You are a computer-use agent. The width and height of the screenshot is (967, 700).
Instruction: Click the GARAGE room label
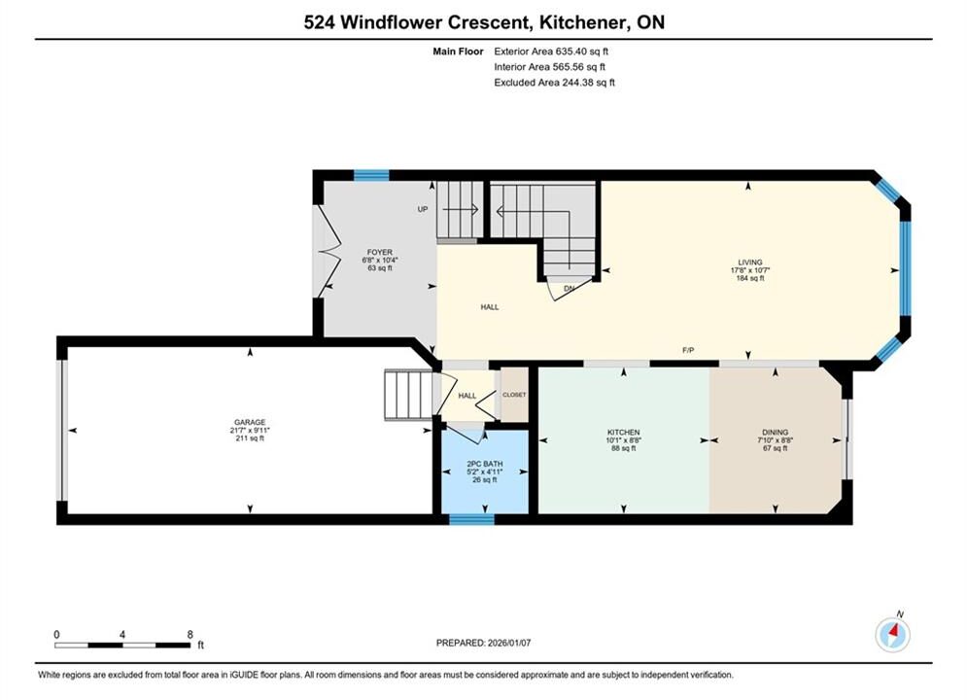pyautogui.click(x=250, y=423)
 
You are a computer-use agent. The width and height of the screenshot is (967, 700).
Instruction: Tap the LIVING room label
pyautogui.click(x=750, y=262)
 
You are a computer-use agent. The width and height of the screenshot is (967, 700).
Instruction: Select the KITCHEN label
pyautogui.click(x=624, y=433)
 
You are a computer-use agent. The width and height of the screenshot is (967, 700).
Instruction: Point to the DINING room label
pyautogui.click(x=776, y=433)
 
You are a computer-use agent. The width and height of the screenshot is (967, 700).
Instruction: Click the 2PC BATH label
pyautogui.click(x=485, y=464)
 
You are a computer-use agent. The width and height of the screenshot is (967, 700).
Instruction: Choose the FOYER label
pyautogui.click(x=380, y=252)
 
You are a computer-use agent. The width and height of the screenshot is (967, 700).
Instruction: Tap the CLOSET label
pyautogui.click(x=514, y=395)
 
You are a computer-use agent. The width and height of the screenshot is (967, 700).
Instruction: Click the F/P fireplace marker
pyautogui.click(x=688, y=350)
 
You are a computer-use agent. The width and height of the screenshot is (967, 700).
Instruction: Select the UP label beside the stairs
pyautogui.click(x=423, y=209)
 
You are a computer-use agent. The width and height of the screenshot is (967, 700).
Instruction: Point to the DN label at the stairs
pyautogui.click(x=570, y=288)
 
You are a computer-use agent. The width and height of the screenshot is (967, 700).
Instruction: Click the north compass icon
pyautogui.click(x=892, y=633)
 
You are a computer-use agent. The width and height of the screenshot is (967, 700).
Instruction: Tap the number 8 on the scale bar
pyautogui.click(x=190, y=634)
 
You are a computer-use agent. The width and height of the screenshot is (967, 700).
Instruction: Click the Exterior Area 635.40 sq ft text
pyautogui.click(x=551, y=52)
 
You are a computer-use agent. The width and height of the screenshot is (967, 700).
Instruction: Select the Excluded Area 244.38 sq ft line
pyautogui.click(x=554, y=82)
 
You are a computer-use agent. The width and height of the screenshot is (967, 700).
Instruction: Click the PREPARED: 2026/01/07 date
pyautogui.click(x=484, y=643)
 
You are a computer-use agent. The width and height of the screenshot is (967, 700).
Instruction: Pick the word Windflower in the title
pyautogui.click(x=391, y=22)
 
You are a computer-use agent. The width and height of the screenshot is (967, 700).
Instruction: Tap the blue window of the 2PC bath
pyautogui.click(x=471, y=519)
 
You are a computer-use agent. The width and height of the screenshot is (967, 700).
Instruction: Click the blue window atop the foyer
pyautogui.click(x=371, y=175)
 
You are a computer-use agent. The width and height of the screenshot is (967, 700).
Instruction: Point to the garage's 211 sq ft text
pyautogui.click(x=250, y=438)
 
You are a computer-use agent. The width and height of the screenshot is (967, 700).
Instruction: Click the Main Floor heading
pyautogui.click(x=458, y=52)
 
